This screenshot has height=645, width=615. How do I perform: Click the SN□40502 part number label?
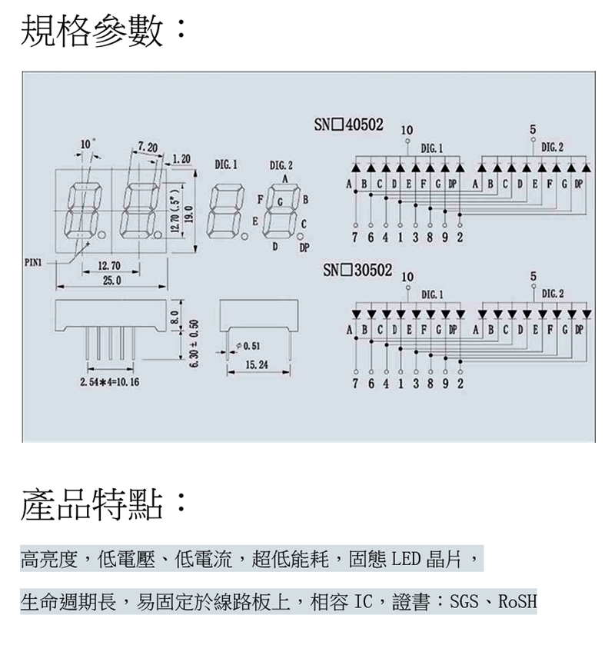tap(348, 125)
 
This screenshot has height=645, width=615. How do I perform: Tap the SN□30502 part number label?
tap(357, 271)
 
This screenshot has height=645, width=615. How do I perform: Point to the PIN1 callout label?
tap(33, 262)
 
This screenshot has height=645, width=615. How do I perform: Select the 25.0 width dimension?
tap(111, 281)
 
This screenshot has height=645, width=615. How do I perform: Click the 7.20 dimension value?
tap(148, 147)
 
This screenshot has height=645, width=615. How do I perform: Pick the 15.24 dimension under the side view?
tap(257, 364)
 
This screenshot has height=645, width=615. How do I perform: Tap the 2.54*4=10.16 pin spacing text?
tap(109, 382)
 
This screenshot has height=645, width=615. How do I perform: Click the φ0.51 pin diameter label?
tap(248, 346)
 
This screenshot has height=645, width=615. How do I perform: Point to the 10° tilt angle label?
tap(86, 144)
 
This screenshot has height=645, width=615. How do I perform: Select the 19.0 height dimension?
tap(188, 214)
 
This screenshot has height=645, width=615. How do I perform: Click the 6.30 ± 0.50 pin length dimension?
tap(195, 344)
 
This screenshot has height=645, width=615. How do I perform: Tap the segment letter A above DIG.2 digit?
tap(284, 179)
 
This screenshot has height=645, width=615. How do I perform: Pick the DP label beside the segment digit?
tap(304, 248)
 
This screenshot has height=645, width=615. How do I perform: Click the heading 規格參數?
tap(92, 31)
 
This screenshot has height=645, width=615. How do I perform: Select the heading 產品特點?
tap(92, 504)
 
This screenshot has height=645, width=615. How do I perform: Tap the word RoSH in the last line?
tap(517, 601)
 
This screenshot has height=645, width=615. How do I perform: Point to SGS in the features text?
tap(464, 601)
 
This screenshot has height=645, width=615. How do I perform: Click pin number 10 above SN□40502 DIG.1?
tap(407, 130)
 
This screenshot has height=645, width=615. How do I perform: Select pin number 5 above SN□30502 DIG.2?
tap(534, 276)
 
